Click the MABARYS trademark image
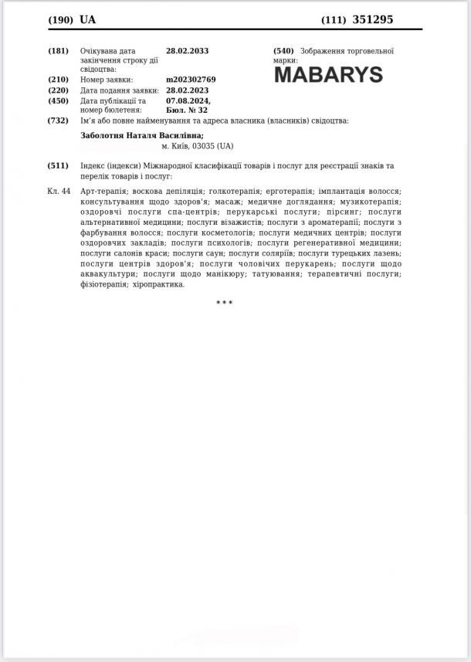328,75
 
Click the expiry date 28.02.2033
187,51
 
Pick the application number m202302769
191,80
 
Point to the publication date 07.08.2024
188,100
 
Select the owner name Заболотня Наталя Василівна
142,135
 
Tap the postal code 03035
203,146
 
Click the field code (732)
59,121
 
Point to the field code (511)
59,166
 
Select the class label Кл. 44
59,191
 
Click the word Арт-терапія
103,191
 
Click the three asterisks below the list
224,303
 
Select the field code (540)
283,51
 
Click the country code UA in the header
87,19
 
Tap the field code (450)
59,100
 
